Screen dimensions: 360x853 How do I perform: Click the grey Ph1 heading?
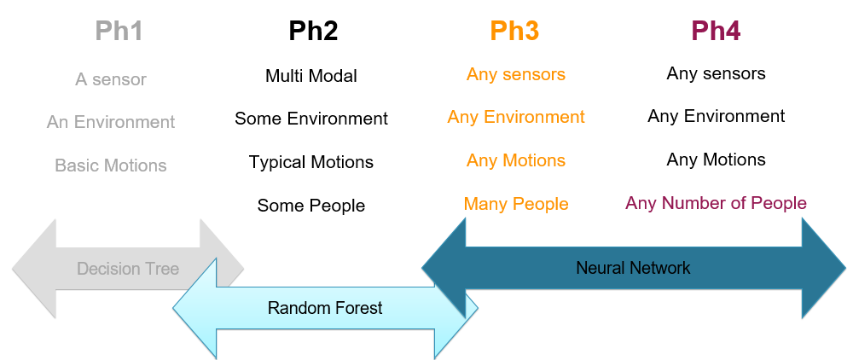click(119, 32)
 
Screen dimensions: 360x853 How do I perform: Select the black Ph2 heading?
click(313, 32)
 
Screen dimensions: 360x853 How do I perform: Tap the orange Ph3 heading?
click(514, 32)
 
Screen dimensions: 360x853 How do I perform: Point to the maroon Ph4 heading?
click(716, 32)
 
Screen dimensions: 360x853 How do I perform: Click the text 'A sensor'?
click(111, 79)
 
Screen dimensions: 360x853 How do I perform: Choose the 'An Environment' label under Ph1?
click(111, 122)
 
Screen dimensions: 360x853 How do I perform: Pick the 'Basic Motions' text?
click(111, 165)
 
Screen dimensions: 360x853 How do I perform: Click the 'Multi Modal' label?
click(311, 76)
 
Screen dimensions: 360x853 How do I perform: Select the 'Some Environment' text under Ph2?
click(311, 119)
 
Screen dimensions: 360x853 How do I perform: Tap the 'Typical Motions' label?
click(311, 162)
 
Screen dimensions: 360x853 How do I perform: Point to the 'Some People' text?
click(311, 206)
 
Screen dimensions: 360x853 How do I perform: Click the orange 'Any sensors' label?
click(516, 74)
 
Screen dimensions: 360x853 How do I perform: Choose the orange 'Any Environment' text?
click(516, 117)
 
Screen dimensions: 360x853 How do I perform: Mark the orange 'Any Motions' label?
click(516, 160)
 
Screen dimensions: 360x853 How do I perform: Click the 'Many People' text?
click(516, 204)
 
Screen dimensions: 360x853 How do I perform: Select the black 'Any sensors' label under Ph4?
click(717, 73)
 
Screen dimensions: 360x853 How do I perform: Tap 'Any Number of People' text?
click(716, 203)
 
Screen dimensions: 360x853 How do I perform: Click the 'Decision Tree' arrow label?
click(128, 269)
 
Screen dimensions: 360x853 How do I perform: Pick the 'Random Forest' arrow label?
click(325, 308)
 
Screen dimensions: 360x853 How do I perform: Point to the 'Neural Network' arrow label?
click(633, 268)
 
